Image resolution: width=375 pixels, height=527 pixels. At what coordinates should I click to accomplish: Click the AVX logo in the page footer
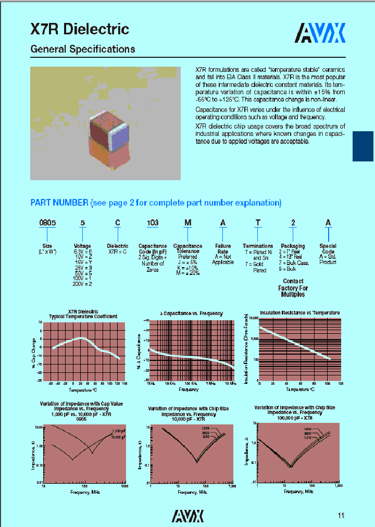(x=187, y=516)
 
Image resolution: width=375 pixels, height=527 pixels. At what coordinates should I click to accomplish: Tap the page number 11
(x=341, y=516)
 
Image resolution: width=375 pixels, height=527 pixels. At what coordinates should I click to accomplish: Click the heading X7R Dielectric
(x=80, y=29)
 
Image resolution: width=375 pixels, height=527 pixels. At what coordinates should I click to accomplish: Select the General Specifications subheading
(x=83, y=49)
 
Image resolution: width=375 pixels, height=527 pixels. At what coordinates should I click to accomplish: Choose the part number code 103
(x=153, y=223)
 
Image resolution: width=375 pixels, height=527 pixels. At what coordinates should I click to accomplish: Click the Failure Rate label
(x=223, y=248)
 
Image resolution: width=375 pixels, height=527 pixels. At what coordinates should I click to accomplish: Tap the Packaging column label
(x=293, y=246)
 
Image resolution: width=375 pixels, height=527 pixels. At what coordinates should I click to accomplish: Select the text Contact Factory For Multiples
(x=293, y=287)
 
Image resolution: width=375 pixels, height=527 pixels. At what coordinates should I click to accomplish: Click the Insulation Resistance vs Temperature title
(x=299, y=313)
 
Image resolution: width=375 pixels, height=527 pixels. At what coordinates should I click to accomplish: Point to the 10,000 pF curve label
(x=119, y=437)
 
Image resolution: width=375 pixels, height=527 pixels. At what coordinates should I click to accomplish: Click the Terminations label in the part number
(x=257, y=246)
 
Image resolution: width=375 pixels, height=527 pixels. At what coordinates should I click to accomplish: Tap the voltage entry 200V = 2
(x=83, y=284)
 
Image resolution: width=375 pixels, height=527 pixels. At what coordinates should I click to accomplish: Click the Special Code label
(x=328, y=248)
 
